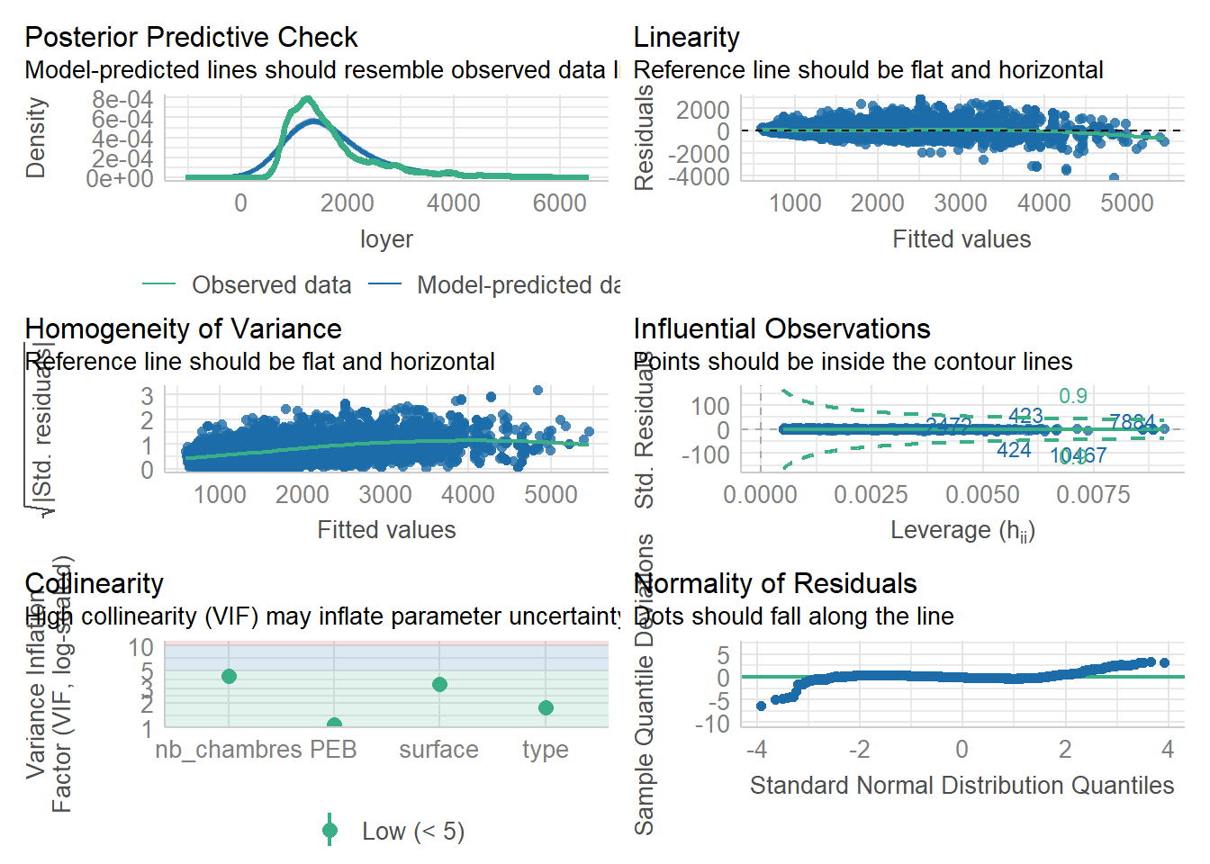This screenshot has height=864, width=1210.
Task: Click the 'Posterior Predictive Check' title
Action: [x=191, y=37]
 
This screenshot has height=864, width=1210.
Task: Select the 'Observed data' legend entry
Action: [x=271, y=285]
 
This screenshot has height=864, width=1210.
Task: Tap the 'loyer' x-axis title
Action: [x=386, y=239]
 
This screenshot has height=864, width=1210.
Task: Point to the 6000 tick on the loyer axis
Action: [x=559, y=203]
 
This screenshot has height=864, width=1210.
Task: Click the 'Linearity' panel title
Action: [x=686, y=37]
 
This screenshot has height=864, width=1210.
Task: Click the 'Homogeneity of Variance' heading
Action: [x=183, y=328]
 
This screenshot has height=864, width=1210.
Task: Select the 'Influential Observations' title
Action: [x=781, y=328]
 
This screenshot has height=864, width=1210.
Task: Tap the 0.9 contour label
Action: [x=1073, y=396]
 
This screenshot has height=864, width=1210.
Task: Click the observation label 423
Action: [x=1025, y=416]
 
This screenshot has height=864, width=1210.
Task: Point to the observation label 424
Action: [x=1014, y=450]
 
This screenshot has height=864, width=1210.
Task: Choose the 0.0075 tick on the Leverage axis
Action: [x=1093, y=495]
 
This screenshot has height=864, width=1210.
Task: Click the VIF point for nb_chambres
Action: [x=229, y=676]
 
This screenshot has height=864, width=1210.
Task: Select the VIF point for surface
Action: [x=439, y=684]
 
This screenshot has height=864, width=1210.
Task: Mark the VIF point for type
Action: [x=546, y=707]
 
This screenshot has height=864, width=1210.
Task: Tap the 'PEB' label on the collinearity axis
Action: [x=334, y=750]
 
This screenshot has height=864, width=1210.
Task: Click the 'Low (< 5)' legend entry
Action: [x=412, y=832]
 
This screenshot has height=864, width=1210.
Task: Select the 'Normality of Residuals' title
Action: [x=774, y=583]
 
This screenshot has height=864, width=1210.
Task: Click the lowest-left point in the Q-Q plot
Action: [x=761, y=706]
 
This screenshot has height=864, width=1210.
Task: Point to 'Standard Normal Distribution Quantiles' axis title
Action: [x=962, y=786]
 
